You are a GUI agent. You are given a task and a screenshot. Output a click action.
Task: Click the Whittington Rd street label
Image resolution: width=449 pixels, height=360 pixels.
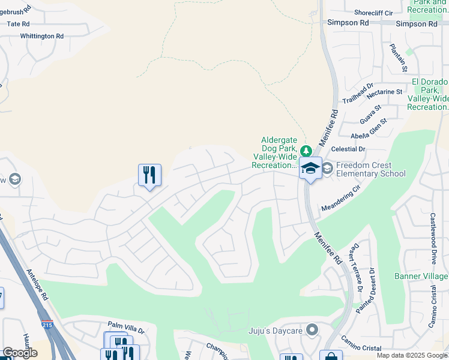click(x=41, y=36)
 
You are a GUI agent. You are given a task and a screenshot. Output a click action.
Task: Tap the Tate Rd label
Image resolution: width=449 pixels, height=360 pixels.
click(x=17, y=23)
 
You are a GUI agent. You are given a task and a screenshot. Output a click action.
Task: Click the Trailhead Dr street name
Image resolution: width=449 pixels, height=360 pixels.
click(x=358, y=93)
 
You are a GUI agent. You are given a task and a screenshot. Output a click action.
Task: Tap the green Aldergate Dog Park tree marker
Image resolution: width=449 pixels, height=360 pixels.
click(x=306, y=151)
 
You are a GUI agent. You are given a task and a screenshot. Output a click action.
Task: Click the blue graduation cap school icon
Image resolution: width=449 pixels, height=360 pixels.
click(x=310, y=167)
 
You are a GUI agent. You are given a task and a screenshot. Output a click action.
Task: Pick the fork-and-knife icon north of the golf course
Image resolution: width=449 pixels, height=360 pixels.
click(x=149, y=175)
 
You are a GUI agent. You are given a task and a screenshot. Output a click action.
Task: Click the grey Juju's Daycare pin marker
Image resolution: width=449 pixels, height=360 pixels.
click(x=311, y=329)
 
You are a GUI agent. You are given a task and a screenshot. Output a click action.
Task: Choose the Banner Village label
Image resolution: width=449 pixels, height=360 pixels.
click(x=421, y=276)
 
